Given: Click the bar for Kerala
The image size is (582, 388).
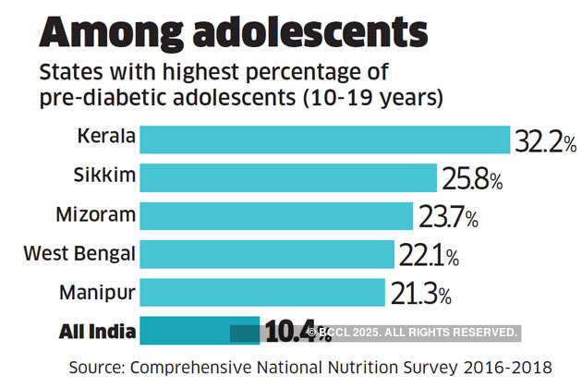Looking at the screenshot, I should pyautogui.click(x=324, y=139).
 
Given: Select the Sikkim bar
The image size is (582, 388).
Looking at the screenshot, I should pyautogui.click(x=287, y=177).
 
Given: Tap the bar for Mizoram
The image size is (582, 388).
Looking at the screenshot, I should pyautogui.click(x=275, y=216).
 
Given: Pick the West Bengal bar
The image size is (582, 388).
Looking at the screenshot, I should pyautogui.click(x=267, y=254).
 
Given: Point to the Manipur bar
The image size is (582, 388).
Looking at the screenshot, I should pyautogui.click(x=261, y=293).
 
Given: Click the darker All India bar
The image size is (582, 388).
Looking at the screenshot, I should pyautogui.click(x=199, y=331).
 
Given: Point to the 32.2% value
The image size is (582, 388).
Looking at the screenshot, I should pyautogui.click(x=546, y=141).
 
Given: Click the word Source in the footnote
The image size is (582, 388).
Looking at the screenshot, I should pyautogui.click(x=99, y=367).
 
